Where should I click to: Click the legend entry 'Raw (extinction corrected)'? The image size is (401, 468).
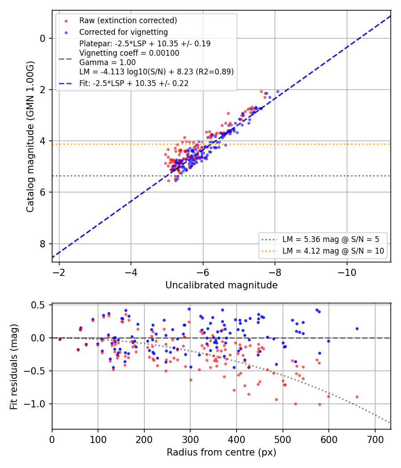(x=128, y=21)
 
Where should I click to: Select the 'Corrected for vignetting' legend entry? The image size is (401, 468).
(x=123, y=32)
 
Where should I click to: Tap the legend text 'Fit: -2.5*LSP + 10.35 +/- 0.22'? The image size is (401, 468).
(x=134, y=83)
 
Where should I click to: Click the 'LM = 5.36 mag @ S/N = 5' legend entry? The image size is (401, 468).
(x=331, y=239)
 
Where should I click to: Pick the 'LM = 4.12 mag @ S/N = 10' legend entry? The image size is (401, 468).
(x=333, y=251)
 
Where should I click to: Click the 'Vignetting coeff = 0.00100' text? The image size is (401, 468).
(x=129, y=53)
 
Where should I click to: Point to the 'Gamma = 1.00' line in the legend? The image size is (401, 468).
(x=107, y=62)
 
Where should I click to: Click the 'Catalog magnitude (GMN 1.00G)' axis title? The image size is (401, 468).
(x=30, y=137)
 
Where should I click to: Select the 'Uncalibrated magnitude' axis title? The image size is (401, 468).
(x=221, y=285)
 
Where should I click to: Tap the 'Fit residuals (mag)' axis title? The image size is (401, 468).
(x=14, y=367)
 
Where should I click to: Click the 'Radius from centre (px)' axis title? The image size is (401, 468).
(x=221, y=452)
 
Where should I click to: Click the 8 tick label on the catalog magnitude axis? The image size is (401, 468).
(x=43, y=244)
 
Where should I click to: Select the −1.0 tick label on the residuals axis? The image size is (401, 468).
(x=34, y=404)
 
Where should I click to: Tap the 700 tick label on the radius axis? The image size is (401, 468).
(x=375, y=439)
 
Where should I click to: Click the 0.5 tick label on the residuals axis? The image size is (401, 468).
(x=38, y=305)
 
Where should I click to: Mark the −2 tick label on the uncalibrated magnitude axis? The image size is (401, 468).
(x=59, y=272)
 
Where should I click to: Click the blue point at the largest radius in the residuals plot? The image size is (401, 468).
(x=357, y=329)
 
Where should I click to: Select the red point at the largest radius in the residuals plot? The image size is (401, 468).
(x=357, y=397)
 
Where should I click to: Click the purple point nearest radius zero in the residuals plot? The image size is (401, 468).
(x=60, y=339)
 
